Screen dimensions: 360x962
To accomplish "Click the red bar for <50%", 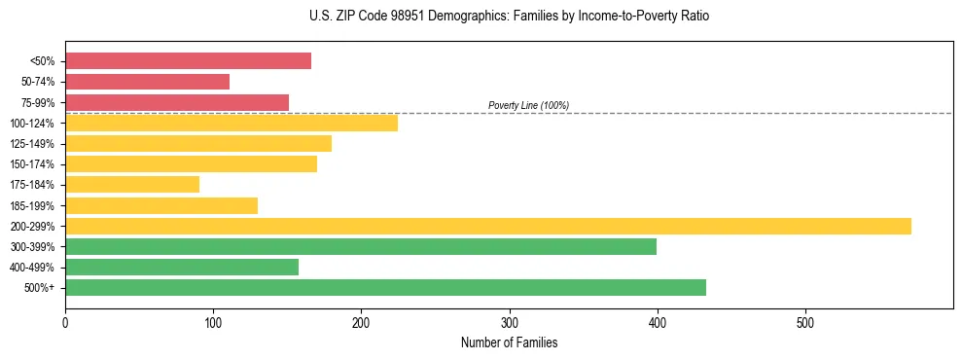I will [x=188, y=61].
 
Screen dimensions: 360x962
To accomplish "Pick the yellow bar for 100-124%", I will [x=232, y=123].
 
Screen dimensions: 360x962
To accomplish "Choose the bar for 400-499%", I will [x=182, y=267].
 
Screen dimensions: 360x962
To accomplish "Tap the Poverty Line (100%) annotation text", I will [x=528, y=105].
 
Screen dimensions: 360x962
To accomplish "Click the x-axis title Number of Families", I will [x=509, y=342].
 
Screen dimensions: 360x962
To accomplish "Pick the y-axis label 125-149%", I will [x=32, y=144].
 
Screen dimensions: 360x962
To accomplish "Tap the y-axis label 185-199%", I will [x=32, y=205].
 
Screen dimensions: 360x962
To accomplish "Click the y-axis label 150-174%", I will [x=32, y=164].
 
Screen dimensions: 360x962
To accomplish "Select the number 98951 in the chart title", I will [x=402, y=17].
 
